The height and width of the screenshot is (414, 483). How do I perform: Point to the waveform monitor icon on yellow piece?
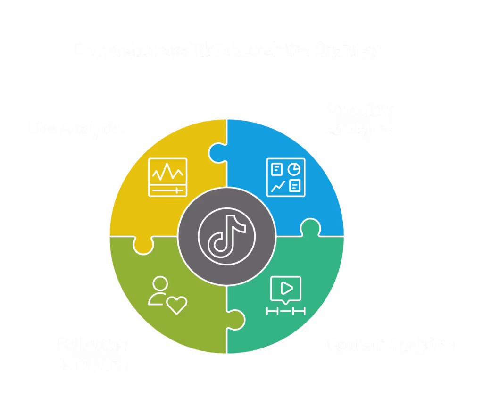pos(167,177)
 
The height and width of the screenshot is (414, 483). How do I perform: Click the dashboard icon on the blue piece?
pos(286,177)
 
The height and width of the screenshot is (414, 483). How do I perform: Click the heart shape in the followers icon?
pos(177,305)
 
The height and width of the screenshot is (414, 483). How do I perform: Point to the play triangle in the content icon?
pos(287,287)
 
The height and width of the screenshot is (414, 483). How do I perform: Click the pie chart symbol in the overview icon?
pos(295,168)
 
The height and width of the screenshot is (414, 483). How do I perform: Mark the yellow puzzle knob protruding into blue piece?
pos(217,152)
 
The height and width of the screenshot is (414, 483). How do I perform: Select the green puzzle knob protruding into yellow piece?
pos(143,244)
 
